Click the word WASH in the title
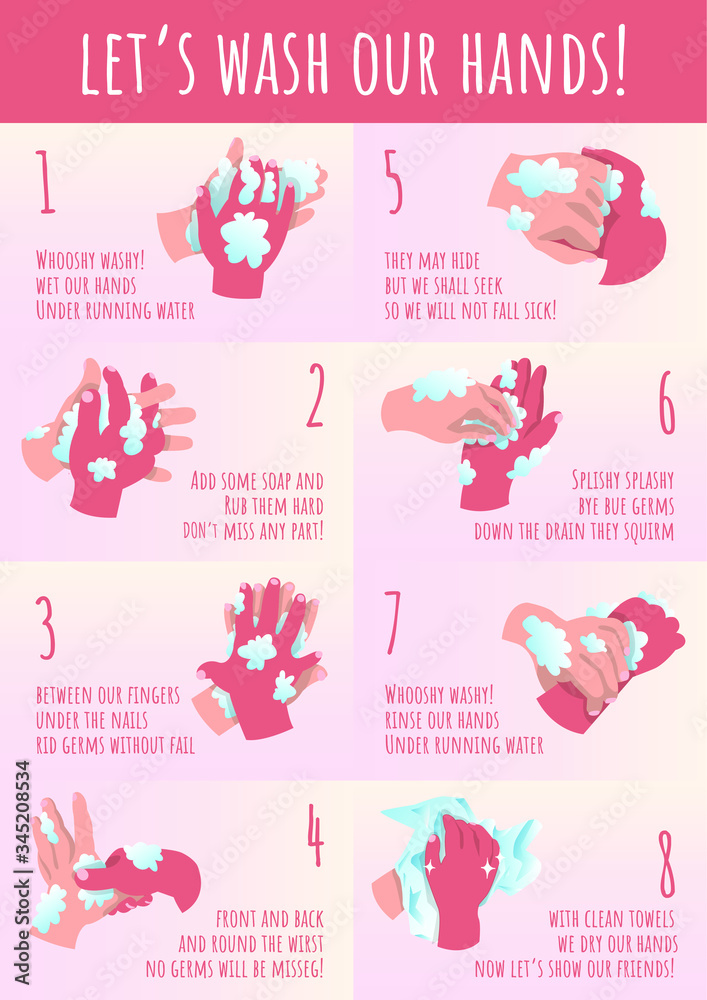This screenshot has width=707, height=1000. pyautogui.click(x=273, y=63)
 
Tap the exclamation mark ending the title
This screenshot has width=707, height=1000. pyautogui.click(x=616, y=63)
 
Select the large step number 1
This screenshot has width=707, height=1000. pyautogui.click(x=45, y=181)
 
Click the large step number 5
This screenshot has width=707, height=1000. pyautogui.click(x=394, y=181)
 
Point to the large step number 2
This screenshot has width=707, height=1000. pyautogui.click(x=315, y=395)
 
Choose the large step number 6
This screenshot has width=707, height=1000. pyautogui.click(x=666, y=403)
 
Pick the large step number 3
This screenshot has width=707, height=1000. pyautogui.click(x=45, y=628)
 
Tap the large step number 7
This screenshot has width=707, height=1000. pyautogui.click(x=393, y=622)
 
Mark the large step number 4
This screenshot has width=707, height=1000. pyautogui.click(x=315, y=834)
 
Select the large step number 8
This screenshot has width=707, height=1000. pyautogui.click(x=666, y=864)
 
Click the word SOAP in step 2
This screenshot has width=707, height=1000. pyautogui.click(x=274, y=481)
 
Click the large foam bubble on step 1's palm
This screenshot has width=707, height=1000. pyautogui.click(x=245, y=239)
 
